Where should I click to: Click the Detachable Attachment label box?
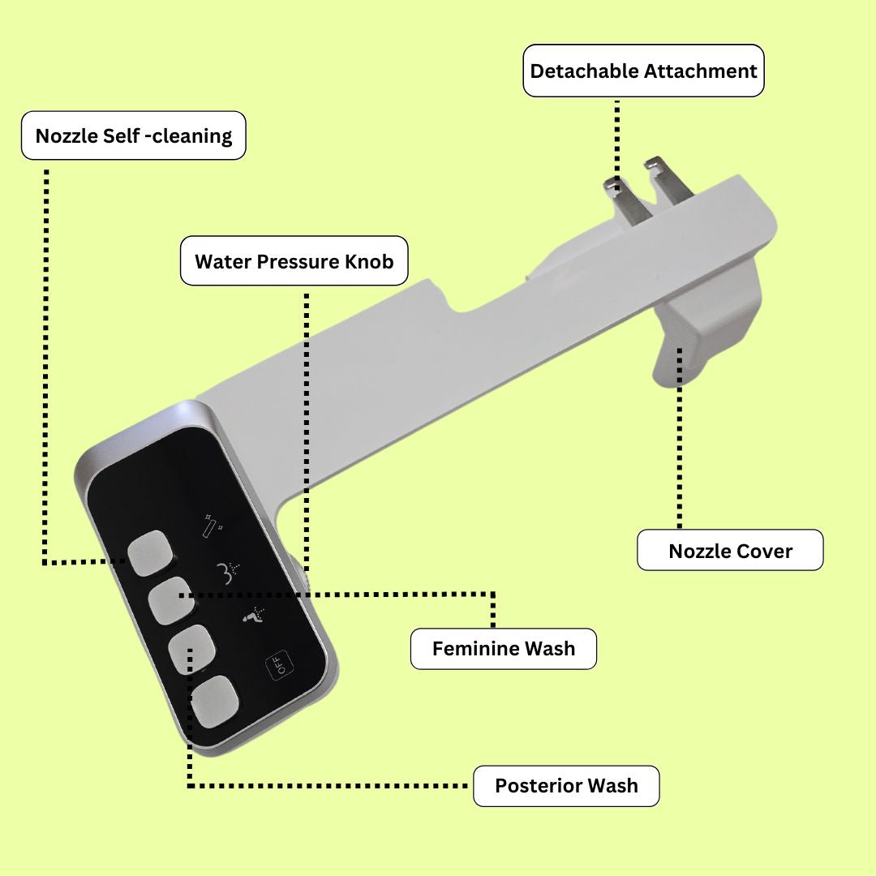[x=643, y=71]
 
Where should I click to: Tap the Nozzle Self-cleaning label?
[x=134, y=135]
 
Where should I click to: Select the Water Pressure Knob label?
[x=294, y=261]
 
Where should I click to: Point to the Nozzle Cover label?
[x=730, y=550]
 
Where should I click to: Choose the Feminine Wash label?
[x=504, y=649]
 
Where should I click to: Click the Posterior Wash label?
[x=566, y=785]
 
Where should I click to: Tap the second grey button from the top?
[x=171, y=601]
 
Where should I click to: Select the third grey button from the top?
[x=192, y=649]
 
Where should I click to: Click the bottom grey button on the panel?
[x=215, y=701]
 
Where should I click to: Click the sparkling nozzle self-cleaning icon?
[x=212, y=526]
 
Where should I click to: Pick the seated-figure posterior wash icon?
[x=254, y=615]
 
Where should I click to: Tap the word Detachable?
[x=584, y=71]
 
